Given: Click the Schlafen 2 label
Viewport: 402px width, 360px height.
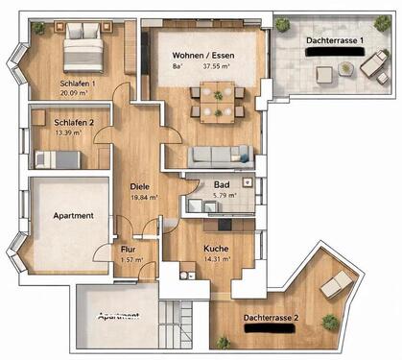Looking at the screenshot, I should coord(75,123).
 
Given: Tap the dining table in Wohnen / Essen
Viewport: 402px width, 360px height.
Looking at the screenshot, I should coord(218,99).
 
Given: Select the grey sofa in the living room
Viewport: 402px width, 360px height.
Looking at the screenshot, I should coord(220,156).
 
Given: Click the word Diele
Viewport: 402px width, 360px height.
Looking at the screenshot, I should coord(140,188).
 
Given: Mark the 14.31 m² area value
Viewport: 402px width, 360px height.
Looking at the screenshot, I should coord(217,258).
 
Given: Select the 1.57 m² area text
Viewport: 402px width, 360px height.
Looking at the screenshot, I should coord(128,258).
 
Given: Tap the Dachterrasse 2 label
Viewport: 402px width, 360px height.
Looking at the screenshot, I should coord(270,317).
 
